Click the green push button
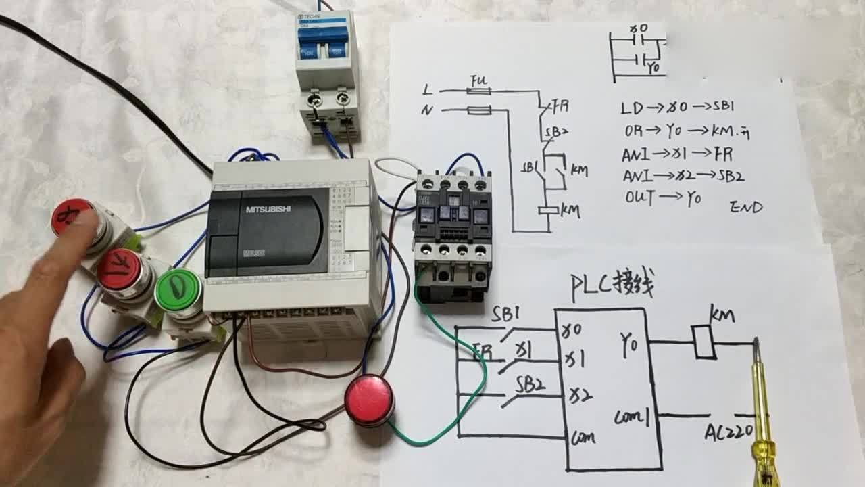pyautogui.click(x=178, y=291)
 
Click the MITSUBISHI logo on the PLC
pyautogui.click(x=268, y=210)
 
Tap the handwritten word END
pyautogui.click(x=746, y=207)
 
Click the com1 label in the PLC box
pyautogui.click(x=632, y=418)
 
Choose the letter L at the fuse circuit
pyautogui.click(x=427, y=89)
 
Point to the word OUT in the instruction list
pyautogui.click(x=640, y=198)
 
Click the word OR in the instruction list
pyautogui.click(x=633, y=130)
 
